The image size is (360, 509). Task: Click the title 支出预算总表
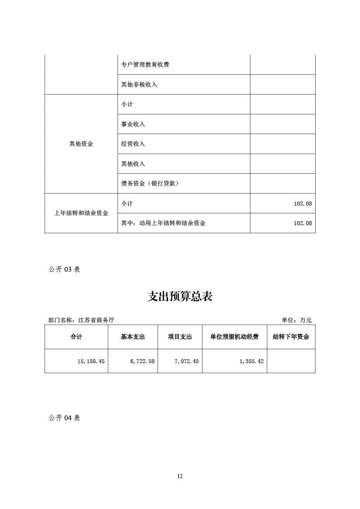click(180, 297)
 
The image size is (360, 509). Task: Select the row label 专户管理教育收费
click(145, 65)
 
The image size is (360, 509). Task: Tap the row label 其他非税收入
click(139, 84)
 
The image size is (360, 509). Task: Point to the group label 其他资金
click(81, 144)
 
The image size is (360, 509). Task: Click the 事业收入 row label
click(133, 124)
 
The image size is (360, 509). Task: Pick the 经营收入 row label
click(133, 144)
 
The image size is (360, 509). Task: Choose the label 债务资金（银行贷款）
click(150, 183)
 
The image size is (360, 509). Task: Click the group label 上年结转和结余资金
click(81, 213)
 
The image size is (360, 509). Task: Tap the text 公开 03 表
click(64, 269)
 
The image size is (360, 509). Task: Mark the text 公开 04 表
click(64, 418)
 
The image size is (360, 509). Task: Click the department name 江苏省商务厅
click(96, 320)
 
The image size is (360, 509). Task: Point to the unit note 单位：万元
click(296, 320)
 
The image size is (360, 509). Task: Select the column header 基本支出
click(133, 337)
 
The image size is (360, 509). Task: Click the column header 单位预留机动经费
click(234, 337)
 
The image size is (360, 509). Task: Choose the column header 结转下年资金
click(291, 337)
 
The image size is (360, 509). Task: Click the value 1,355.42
click(251, 361)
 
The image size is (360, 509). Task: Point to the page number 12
click(180, 476)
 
